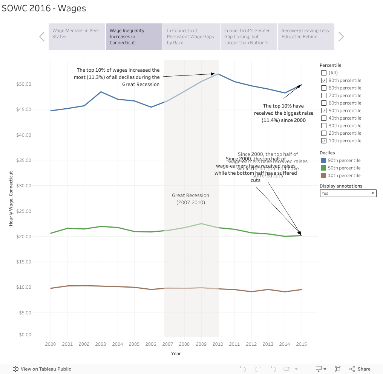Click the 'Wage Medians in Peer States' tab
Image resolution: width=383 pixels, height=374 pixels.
[77, 36]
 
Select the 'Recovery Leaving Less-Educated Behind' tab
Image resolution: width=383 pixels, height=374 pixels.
[306, 36]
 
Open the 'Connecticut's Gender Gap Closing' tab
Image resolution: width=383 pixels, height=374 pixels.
[248, 36]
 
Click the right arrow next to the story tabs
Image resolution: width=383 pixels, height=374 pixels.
[341, 37]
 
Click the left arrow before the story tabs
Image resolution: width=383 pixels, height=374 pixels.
[42, 37]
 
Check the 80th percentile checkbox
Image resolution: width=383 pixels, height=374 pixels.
[323, 88]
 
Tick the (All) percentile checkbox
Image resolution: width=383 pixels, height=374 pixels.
[323, 73]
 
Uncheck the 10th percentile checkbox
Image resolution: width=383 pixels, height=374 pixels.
[323, 141]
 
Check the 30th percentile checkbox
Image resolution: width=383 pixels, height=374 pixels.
[323, 126]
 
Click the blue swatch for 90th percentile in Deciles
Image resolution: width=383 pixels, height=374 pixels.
[323, 160]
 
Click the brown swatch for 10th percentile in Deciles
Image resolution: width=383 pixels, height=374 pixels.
[323, 175]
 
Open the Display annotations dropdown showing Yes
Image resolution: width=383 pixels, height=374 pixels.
[348, 193]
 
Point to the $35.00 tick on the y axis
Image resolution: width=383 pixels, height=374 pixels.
[23, 160]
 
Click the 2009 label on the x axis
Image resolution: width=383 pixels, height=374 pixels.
[201, 344]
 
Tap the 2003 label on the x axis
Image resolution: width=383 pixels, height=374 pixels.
[101, 344]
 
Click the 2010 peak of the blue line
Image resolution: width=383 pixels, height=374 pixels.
[218, 74]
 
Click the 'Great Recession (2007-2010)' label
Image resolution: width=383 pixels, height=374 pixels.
[190, 199]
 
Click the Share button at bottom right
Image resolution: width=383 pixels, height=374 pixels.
[360, 369]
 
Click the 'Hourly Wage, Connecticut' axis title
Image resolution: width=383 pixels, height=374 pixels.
[11, 199]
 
